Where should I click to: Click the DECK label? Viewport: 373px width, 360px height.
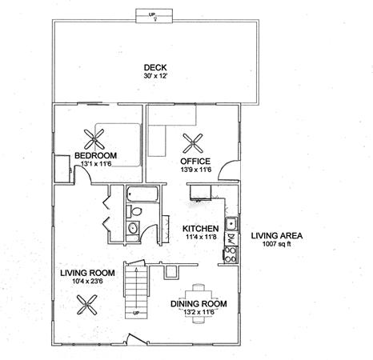pyautogui.click(x=155, y=68)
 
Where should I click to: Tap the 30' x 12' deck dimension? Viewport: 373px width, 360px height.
pyautogui.click(x=155, y=76)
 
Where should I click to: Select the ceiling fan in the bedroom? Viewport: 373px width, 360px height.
pyautogui.click(x=94, y=139)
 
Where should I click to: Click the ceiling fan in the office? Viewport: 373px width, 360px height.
pyautogui.click(x=192, y=143)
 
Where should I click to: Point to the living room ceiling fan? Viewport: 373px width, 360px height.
pyautogui.click(x=87, y=305)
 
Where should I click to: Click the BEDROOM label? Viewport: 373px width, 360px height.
pyautogui.click(x=95, y=155)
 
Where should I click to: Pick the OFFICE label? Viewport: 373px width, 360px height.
pyautogui.click(x=195, y=162)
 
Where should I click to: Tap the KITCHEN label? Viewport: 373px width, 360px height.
pyautogui.click(x=201, y=229)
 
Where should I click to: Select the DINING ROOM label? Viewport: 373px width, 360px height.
pyautogui.click(x=199, y=304)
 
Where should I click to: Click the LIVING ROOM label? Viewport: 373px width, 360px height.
pyautogui.click(x=87, y=273)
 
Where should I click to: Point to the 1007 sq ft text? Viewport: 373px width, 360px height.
pyautogui.click(x=277, y=243)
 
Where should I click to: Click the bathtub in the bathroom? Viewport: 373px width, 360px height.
pyautogui.click(x=142, y=194)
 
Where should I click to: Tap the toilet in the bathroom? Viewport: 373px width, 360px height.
pyautogui.click(x=134, y=211)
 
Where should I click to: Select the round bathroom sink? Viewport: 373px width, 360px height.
pyautogui.click(x=133, y=228)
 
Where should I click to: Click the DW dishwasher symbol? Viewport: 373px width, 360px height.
pyautogui.click(x=231, y=238)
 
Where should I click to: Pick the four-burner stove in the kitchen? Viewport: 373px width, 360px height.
pyautogui.click(x=231, y=255)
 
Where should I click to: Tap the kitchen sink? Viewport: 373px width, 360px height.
pyautogui.click(x=231, y=223)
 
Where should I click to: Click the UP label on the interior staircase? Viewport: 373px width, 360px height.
pyautogui.click(x=136, y=313)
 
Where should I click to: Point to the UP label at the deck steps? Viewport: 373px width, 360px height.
pyautogui.click(x=152, y=14)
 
